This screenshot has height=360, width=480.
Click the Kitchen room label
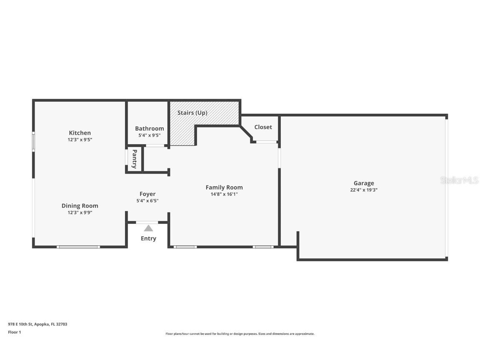tap(80, 133)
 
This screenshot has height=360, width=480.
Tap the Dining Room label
tap(80, 206)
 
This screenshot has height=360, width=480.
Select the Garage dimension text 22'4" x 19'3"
tap(364, 190)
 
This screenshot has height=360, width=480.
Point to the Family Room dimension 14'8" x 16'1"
tap(224, 194)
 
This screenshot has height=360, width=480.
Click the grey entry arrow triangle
tap(148, 228)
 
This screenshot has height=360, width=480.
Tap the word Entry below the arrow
tap(148, 238)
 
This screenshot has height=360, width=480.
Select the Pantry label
tap(135, 159)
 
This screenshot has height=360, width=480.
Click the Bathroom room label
tap(150, 129)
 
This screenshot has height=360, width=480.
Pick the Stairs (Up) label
tap(192, 112)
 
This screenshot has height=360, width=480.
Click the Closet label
tap(263, 127)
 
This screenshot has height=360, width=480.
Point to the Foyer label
tap(147, 194)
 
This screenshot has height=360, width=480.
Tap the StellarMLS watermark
tap(459, 180)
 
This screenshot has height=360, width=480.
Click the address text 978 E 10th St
tap(20, 324)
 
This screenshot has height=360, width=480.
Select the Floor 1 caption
tap(15, 332)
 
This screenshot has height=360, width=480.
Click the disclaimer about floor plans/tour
tap(240, 334)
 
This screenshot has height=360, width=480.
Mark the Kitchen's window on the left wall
tap(34, 141)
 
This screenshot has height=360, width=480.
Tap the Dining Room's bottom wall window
tap(78, 247)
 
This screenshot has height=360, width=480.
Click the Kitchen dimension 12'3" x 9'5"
tap(80, 140)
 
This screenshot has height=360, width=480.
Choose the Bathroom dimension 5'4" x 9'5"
tap(150, 135)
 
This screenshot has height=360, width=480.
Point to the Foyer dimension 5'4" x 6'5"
tap(147, 201)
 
